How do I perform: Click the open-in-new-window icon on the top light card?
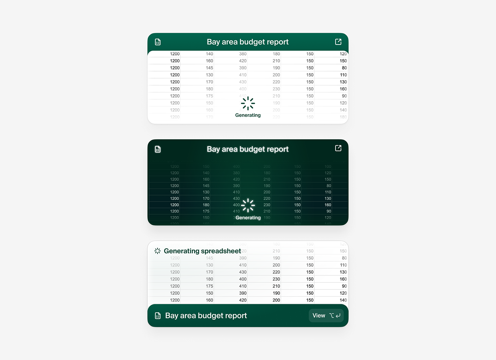pyautogui.click(x=338, y=42)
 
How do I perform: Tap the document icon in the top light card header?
pyautogui.click(x=158, y=42)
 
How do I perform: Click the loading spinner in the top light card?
pyautogui.click(x=248, y=103)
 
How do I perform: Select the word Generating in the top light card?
pyautogui.click(x=248, y=115)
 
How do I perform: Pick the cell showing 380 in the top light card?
pyautogui.click(x=243, y=54)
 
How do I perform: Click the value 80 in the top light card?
pyautogui.click(x=344, y=68)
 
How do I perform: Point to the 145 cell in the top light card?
pyautogui.click(x=209, y=68)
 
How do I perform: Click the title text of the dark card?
pyautogui.click(x=248, y=149)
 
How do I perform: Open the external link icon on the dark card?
pyautogui.click(x=338, y=148)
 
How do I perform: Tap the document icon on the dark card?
pyautogui.click(x=158, y=149)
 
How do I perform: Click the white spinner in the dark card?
pyautogui.click(x=248, y=205)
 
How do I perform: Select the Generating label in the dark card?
pyautogui.click(x=248, y=218)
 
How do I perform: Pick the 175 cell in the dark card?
pyautogui.click(x=206, y=211)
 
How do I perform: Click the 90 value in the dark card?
pyautogui.click(x=329, y=211)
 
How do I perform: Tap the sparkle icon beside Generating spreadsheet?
pyautogui.click(x=157, y=251)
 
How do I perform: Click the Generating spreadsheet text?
pyautogui.click(x=202, y=251)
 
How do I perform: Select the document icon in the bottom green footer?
pyautogui.click(x=158, y=316)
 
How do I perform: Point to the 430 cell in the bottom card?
pyautogui.click(x=243, y=272)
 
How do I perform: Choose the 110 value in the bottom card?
pyautogui.click(x=343, y=265)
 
